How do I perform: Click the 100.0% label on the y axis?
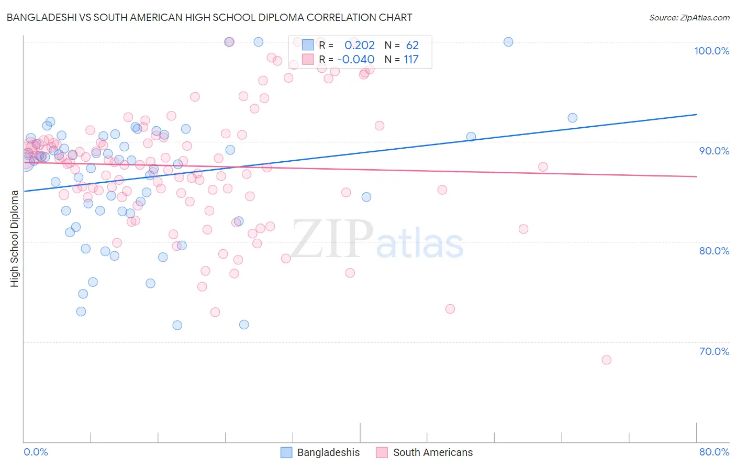click(x=711, y=51)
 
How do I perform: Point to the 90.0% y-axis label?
click(x=714, y=151)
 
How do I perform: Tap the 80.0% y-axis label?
click(x=714, y=251)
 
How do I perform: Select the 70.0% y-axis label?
click(x=714, y=351)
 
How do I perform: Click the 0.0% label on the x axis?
click(x=36, y=452)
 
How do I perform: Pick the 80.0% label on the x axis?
click(x=714, y=452)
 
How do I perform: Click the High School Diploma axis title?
click(x=15, y=238)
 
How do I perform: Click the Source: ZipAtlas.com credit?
click(x=689, y=17)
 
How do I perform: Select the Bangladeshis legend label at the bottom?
click(x=328, y=452)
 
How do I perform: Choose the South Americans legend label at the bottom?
click(x=432, y=452)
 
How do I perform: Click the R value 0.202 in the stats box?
click(x=360, y=45)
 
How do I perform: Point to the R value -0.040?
click(x=356, y=59)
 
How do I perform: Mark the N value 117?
click(x=411, y=59)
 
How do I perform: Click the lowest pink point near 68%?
click(x=606, y=360)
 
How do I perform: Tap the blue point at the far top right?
click(x=508, y=42)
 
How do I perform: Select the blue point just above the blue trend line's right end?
click(x=572, y=118)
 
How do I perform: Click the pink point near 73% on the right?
click(x=450, y=309)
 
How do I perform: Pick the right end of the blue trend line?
click(x=696, y=114)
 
